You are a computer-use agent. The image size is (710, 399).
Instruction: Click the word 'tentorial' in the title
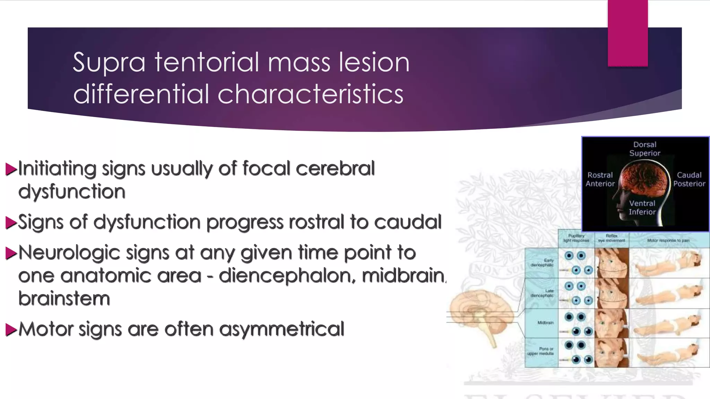[207, 62]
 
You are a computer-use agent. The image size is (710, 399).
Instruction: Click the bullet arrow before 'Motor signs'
[11, 329]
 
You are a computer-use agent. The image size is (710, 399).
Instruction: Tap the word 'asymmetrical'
[282, 329]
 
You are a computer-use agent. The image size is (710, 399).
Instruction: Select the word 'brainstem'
[64, 299]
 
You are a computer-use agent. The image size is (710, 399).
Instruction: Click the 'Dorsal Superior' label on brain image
[645, 149]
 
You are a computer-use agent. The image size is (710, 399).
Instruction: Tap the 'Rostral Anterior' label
[600, 179]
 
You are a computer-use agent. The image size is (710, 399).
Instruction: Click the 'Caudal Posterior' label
[689, 179]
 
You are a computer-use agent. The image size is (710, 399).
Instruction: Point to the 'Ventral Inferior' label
[642, 207]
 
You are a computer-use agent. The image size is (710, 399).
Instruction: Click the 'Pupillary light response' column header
[576, 238]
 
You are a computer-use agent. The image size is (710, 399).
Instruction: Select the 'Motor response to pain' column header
[668, 240]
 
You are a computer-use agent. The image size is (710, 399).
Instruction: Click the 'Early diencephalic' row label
[543, 263]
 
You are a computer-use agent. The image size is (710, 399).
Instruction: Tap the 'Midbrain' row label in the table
[545, 322]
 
